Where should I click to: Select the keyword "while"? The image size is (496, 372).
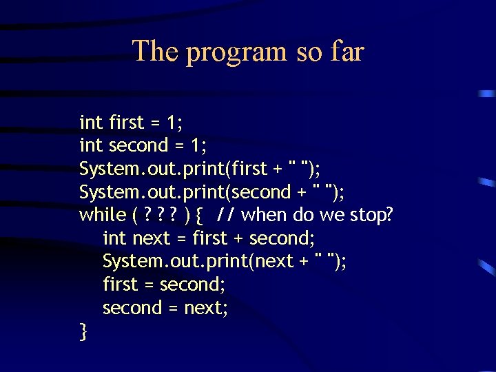[x=103, y=215]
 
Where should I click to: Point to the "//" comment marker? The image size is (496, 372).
[x=225, y=215]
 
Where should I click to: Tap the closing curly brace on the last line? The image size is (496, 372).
[x=83, y=332]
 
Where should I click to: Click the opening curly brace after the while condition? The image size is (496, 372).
[x=199, y=216]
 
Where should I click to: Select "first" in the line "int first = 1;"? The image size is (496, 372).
[x=127, y=123]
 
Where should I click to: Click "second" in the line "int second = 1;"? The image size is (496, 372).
[x=138, y=145]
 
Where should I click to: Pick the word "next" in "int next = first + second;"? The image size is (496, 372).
[x=150, y=238]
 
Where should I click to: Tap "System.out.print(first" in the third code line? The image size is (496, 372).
[x=173, y=169]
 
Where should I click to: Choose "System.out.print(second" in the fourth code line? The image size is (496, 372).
[x=185, y=192]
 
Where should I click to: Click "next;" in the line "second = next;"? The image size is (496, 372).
[x=206, y=308]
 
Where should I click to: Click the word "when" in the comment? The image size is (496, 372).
[x=265, y=215]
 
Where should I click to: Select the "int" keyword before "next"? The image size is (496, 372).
[x=114, y=238]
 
